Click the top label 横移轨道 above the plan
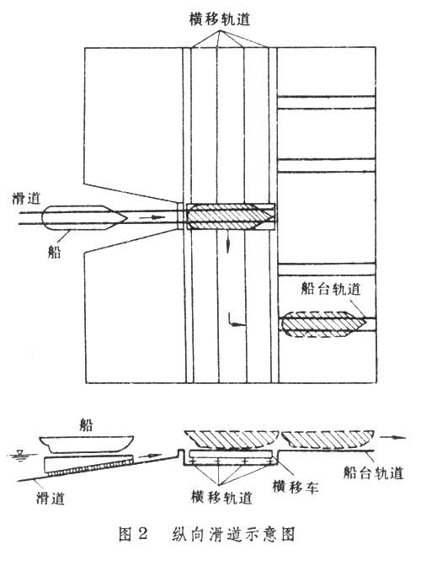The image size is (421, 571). (220, 19)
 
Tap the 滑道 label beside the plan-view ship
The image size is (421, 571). (26, 199)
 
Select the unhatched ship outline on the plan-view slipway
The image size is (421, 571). (84, 218)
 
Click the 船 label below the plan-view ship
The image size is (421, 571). (54, 251)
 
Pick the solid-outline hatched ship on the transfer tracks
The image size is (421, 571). (230, 216)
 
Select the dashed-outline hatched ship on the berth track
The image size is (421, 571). (322, 323)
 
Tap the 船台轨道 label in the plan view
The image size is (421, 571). (331, 289)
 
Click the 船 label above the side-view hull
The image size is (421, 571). (86, 425)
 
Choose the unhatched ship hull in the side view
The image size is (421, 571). (87, 445)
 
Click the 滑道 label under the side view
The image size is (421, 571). (51, 498)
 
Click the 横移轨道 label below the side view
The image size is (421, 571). (221, 497)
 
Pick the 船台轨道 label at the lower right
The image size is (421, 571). (373, 472)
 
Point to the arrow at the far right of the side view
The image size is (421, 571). (393, 437)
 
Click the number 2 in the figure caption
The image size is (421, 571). (143, 534)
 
